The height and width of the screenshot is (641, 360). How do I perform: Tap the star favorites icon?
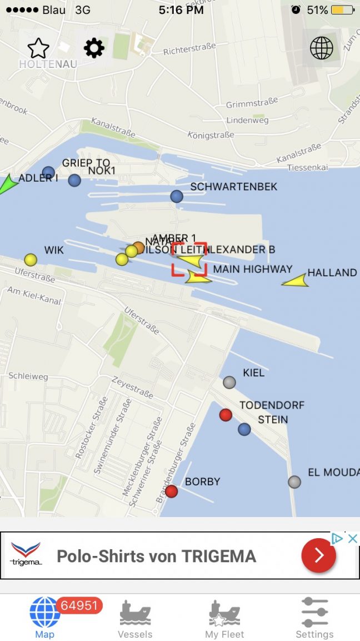tap(38, 49)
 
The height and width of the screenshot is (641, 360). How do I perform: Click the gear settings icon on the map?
tap(94, 49)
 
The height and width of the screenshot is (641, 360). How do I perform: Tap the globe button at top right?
tap(322, 48)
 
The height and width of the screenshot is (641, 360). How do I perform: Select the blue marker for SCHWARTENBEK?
tap(177, 196)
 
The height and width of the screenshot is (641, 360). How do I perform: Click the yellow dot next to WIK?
tap(31, 260)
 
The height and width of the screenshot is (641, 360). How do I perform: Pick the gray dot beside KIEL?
tap(229, 382)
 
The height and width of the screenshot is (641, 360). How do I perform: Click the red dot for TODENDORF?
tap(226, 415)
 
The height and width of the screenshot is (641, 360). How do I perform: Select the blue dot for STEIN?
tap(244, 429)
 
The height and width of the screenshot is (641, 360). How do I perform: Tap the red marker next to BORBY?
tap(172, 491)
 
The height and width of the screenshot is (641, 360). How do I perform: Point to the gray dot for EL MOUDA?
tap(294, 482)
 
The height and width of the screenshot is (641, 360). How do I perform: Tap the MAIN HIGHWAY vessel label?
tap(253, 269)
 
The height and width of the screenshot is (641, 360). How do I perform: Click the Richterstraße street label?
tap(189, 49)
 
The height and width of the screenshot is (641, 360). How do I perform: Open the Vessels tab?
tap(135, 618)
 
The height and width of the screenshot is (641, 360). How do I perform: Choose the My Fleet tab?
tap(224, 618)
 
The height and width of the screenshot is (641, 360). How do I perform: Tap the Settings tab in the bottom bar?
tap(314, 618)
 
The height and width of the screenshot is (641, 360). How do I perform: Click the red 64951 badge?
tap(79, 605)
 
